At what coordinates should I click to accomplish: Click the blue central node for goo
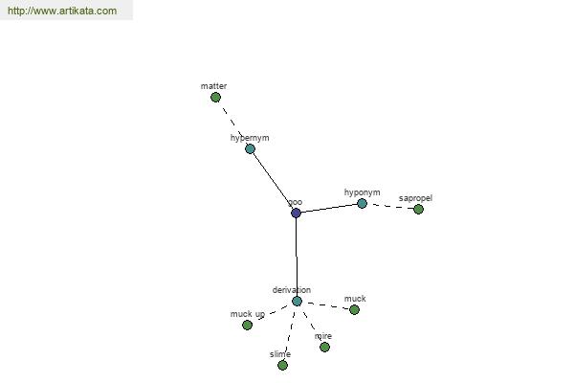pyautogui.click(x=296, y=213)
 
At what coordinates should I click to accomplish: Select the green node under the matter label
pyautogui.click(x=215, y=98)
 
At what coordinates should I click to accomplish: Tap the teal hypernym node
pyautogui.click(x=250, y=148)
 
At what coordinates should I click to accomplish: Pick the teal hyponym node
pyautogui.click(x=362, y=203)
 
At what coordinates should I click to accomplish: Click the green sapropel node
pyautogui.click(x=418, y=210)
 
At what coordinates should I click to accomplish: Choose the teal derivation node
pyautogui.click(x=297, y=302)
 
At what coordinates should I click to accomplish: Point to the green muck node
pyautogui.click(x=354, y=310)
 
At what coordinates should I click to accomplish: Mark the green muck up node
pyautogui.click(x=247, y=326)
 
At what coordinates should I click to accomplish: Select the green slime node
pyautogui.click(x=282, y=366)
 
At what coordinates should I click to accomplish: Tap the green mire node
pyautogui.click(x=324, y=347)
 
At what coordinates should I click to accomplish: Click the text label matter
pyautogui.click(x=213, y=86)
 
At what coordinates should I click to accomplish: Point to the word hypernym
pyautogui.click(x=250, y=138)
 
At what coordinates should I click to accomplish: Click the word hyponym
pyautogui.click(x=362, y=192)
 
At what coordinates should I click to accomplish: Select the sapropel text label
pyautogui.click(x=415, y=198)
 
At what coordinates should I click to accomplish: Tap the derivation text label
pyautogui.click(x=292, y=290)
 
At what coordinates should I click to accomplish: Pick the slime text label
pyautogui.click(x=280, y=354)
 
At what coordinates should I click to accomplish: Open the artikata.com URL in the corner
pyautogui.click(x=62, y=11)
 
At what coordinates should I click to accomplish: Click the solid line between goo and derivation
pyautogui.click(x=297, y=257)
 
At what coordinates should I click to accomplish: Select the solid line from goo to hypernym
pyautogui.click(x=273, y=181)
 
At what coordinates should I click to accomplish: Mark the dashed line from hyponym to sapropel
pyautogui.click(x=390, y=207)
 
